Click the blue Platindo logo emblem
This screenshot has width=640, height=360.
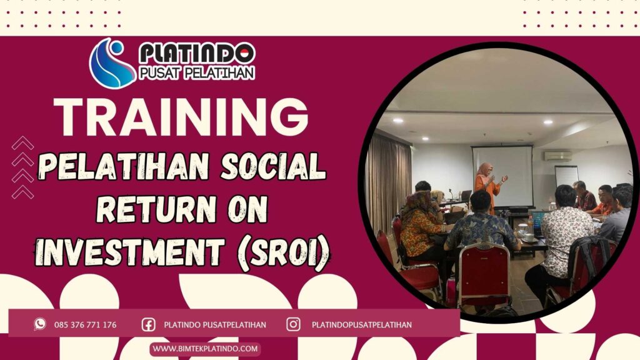click(111, 62)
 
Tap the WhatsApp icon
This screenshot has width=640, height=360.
click(40, 324)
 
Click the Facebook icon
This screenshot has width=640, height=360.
click(148, 324)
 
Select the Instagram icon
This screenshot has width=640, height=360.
click(293, 324)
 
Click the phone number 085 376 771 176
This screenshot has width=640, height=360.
click(85, 325)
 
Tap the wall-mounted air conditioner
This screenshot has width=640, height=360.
click(557, 156)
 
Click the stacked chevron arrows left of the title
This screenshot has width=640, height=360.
click(22, 167)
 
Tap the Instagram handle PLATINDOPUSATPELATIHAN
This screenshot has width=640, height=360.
click(361, 325)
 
